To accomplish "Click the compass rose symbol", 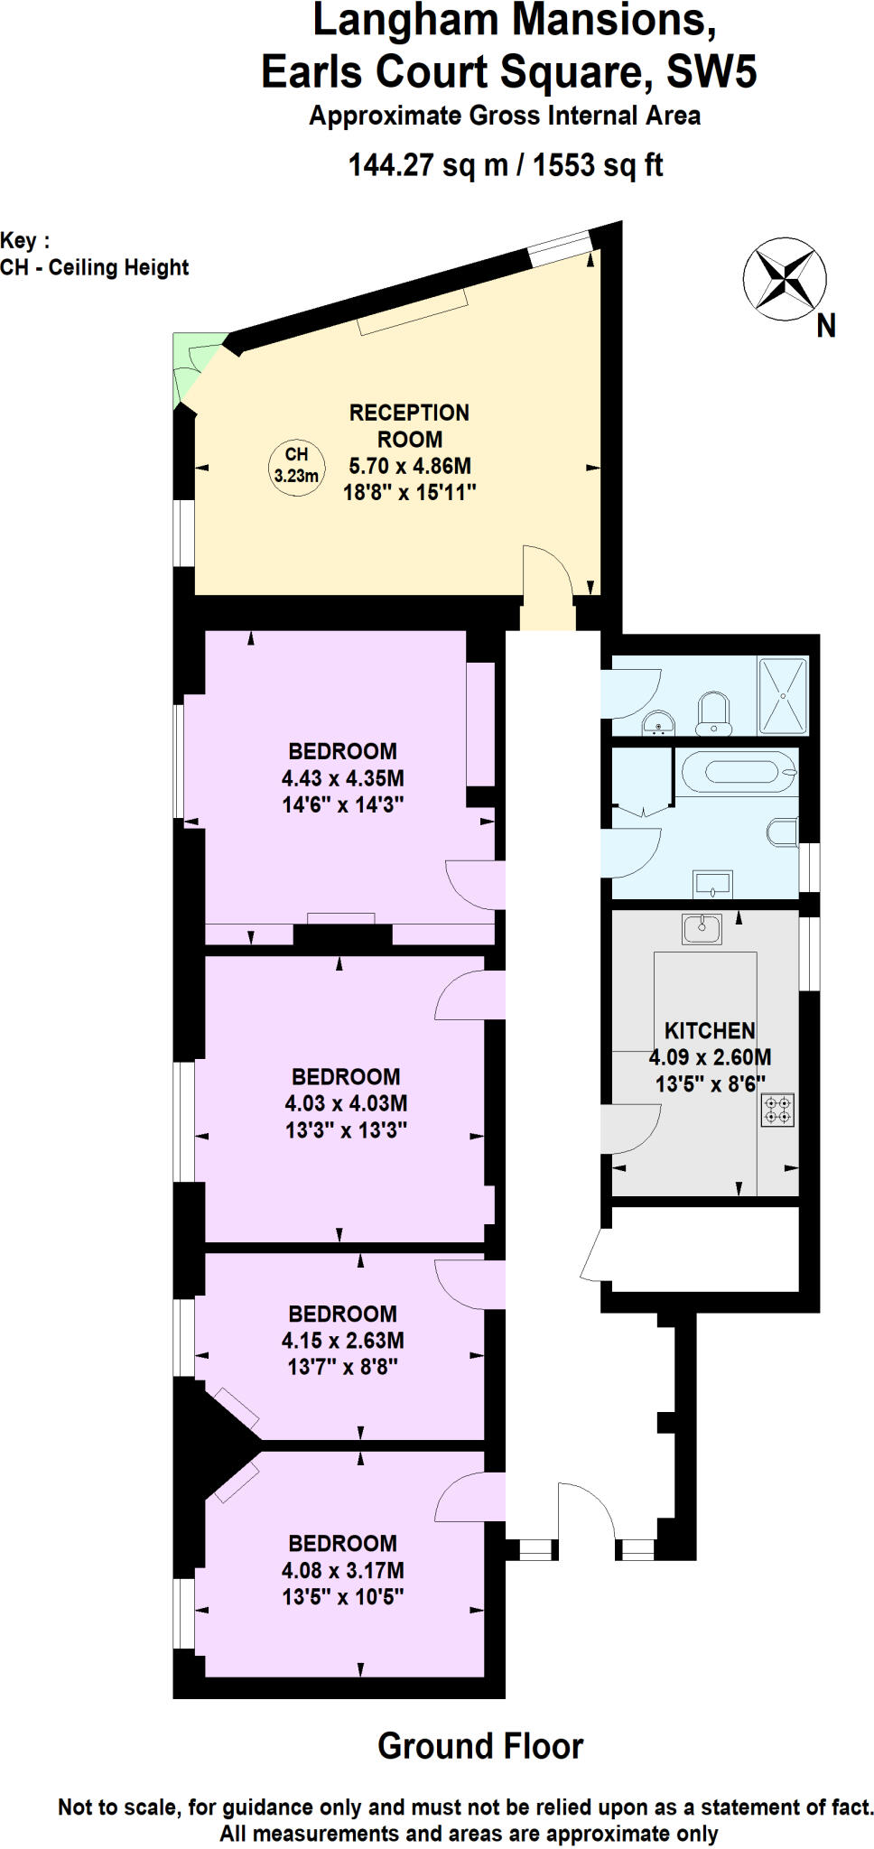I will click(784, 279).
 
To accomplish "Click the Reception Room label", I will click(409, 426).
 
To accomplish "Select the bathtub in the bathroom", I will click(738, 772).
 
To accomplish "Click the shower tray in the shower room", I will click(782, 696).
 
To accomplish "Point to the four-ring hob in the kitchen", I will click(777, 1110).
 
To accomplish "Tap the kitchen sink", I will click(702, 927).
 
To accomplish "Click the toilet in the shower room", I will click(713, 711).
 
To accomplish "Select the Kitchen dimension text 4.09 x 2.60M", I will click(710, 1057).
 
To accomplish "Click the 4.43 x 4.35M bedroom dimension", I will click(342, 778).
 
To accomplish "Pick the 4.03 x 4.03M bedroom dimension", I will click(346, 1103).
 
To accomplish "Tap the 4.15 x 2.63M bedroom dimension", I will click(342, 1341).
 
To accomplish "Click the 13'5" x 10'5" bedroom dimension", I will click(342, 1596).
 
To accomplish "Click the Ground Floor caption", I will click(479, 1746).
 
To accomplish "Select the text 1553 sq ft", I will click(598, 166).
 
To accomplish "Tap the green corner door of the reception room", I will click(194, 366).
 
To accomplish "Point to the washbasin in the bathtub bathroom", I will click(712, 884).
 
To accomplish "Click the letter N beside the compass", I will click(825, 326).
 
